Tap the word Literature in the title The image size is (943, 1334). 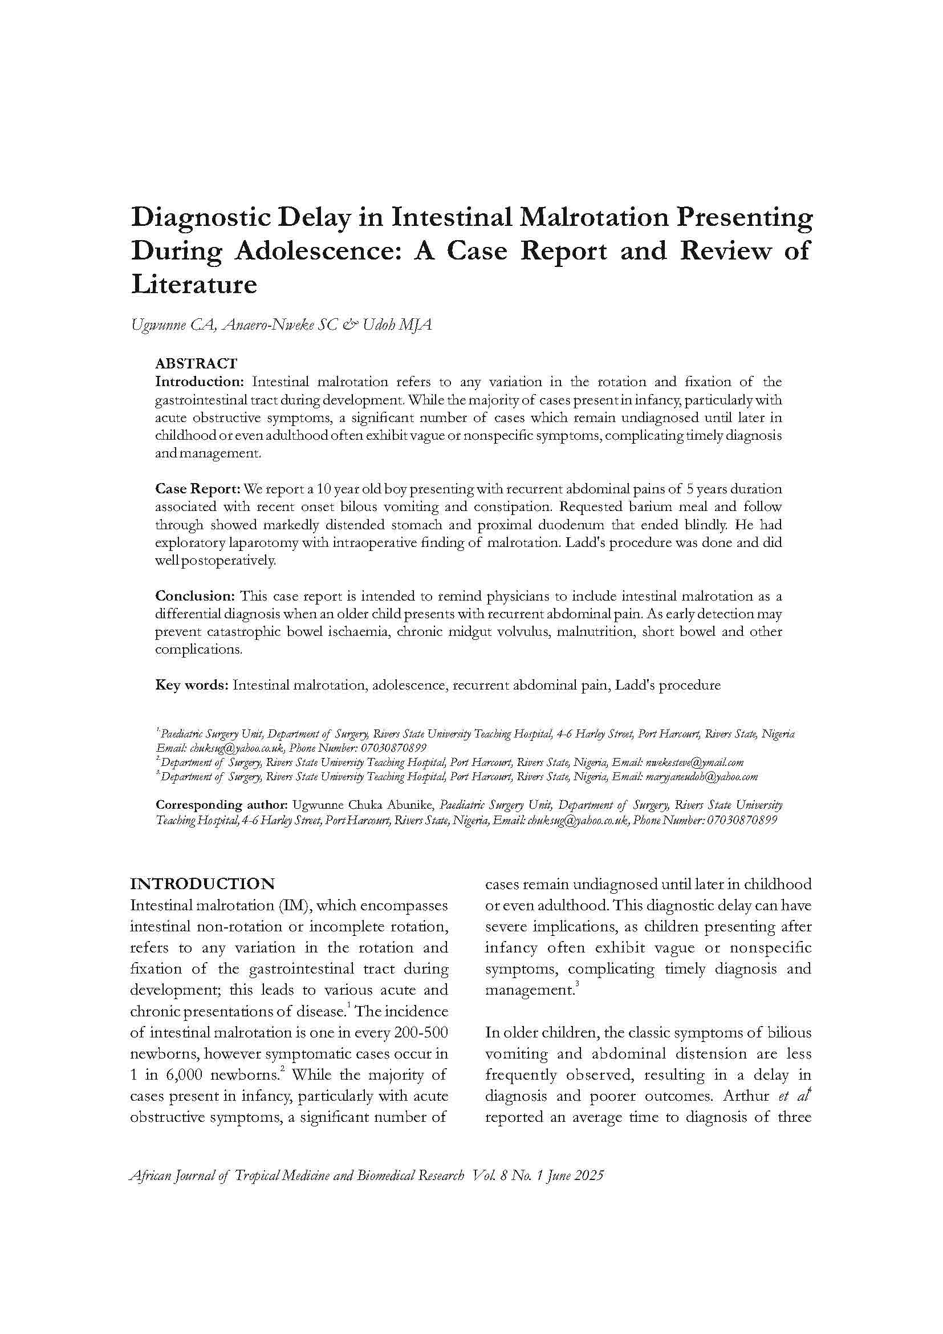194,285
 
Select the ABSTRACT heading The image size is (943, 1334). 196,364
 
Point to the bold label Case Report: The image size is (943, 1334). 197,489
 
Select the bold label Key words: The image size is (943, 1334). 192,685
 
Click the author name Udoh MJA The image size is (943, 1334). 397,325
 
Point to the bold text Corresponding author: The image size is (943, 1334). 222,805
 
